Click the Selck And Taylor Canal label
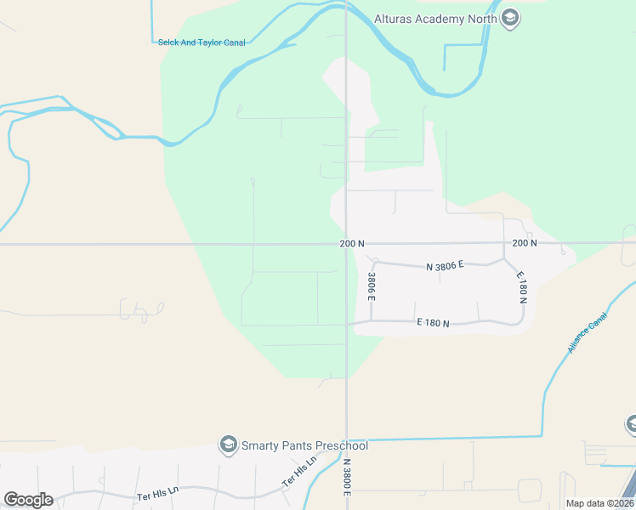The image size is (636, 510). [x=202, y=42]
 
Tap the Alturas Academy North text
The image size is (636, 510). [x=436, y=17]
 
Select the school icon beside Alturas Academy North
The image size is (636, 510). [x=510, y=18]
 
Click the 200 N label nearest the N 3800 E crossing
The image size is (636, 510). [x=352, y=244]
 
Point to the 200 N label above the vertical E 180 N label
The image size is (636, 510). [x=525, y=244]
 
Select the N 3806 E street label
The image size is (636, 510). [x=445, y=266]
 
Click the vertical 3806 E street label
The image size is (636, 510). [x=372, y=286]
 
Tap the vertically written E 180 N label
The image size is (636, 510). [x=522, y=288]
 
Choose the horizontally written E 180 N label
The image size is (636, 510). [x=433, y=323]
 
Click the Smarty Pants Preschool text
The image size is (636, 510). [x=304, y=446]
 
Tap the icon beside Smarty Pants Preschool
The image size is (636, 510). [x=228, y=445]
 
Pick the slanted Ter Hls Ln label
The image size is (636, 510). [x=299, y=473]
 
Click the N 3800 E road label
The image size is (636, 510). [x=347, y=478]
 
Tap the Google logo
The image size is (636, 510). [x=28, y=500]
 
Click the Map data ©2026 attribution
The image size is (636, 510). [x=599, y=503]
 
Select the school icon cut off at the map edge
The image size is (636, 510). [x=631, y=423]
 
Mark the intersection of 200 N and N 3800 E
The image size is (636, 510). [x=346, y=244]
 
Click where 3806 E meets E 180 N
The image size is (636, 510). [x=372, y=322]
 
